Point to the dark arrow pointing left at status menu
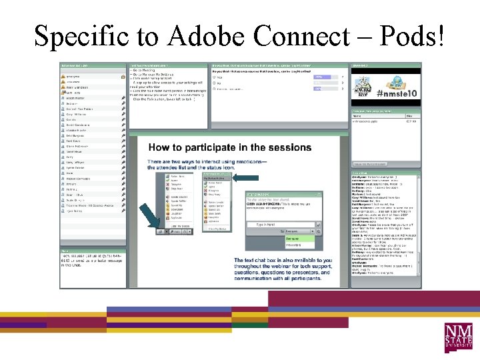(x=245, y=177)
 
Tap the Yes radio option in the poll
(x=219, y=77)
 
